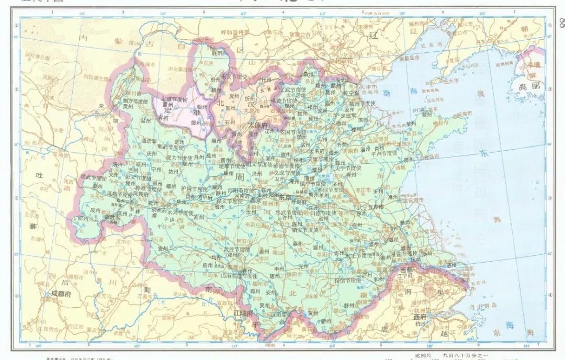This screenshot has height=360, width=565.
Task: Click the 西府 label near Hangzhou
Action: (420, 317)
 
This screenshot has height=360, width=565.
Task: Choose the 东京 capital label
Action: (285, 198)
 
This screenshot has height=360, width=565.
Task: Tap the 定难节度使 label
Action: (173, 99)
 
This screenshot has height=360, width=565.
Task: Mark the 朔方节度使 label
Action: (135, 100)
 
